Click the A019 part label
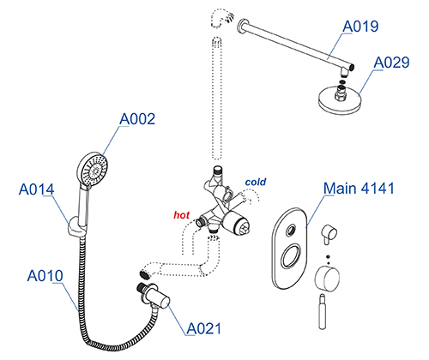pos(360,27)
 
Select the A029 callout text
pos(391,63)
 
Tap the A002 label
pos(137,119)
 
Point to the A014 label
pos(36,189)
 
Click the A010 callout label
pos(45,276)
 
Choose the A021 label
pos(204,328)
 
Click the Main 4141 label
pos(359,189)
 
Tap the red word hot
pos(182,215)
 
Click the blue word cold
pos(256,182)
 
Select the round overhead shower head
pos(340,98)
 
